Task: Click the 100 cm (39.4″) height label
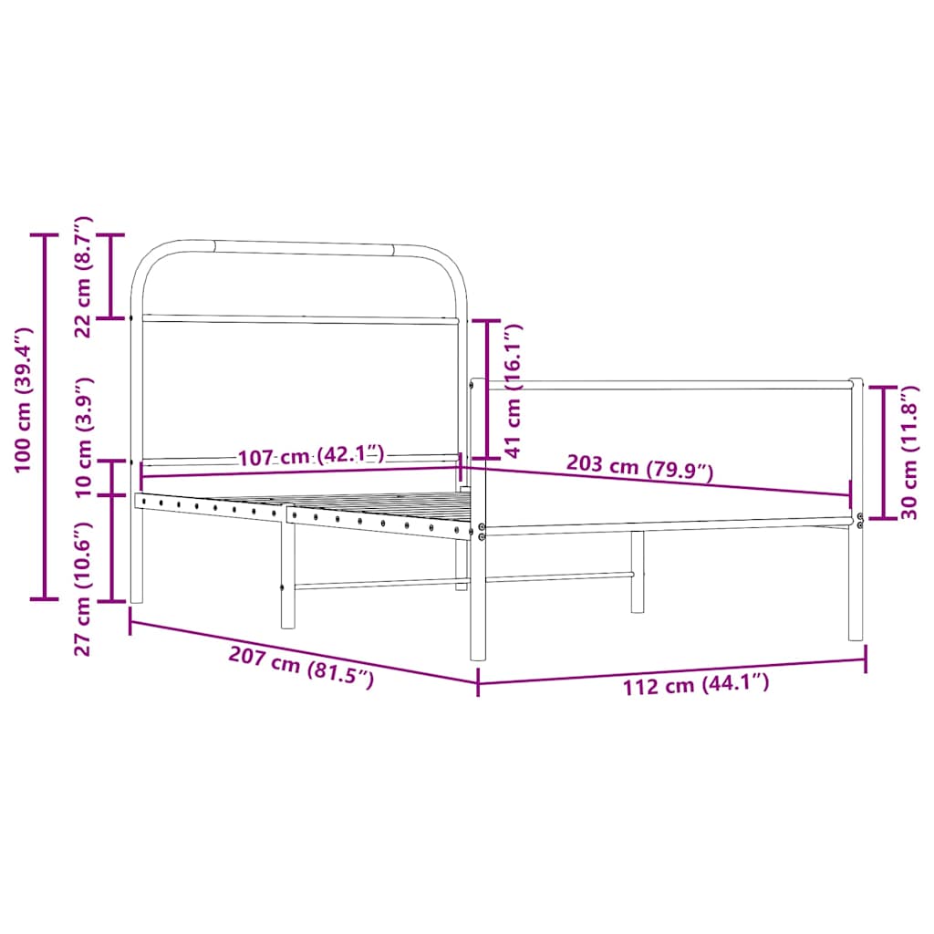(x=24, y=400)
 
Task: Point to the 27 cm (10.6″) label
(x=83, y=588)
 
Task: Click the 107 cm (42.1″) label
(x=311, y=456)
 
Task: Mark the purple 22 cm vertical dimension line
(x=111, y=276)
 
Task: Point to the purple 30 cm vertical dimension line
(x=882, y=452)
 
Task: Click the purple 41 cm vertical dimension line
(x=488, y=389)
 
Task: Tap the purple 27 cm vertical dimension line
(x=111, y=547)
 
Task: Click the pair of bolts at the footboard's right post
(x=860, y=521)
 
